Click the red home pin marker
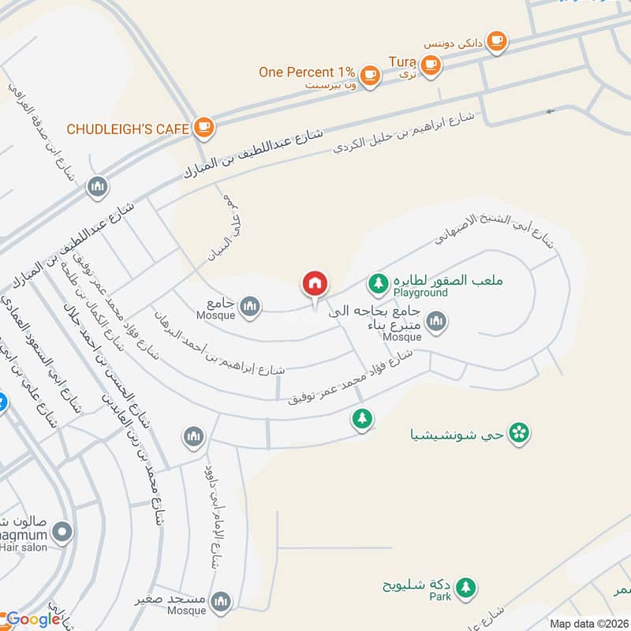pyautogui.click(x=315, y=284)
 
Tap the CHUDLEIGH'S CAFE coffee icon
pyautogui.click(x=203, y=126)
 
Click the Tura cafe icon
pyautogui.click(x=430, y=66)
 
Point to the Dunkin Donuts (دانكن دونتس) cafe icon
pyautogui.click(x=496, y=39)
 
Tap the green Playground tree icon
pyautogui.click(x=379, y=282)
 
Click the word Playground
pyautogui.click(x=421, y=293)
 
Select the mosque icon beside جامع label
pyautogui.click(x=250, y=305)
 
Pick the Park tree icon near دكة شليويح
pyautogui.click(x=466, y=586)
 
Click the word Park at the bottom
pyautogui.click(x=440, y=598)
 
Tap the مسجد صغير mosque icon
pyautogui.click(x=222, y=602)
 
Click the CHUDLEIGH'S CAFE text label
pyautogui.click(x=129, y=128)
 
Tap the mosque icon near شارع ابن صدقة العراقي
pyautogui.click(x=98, y=187)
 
